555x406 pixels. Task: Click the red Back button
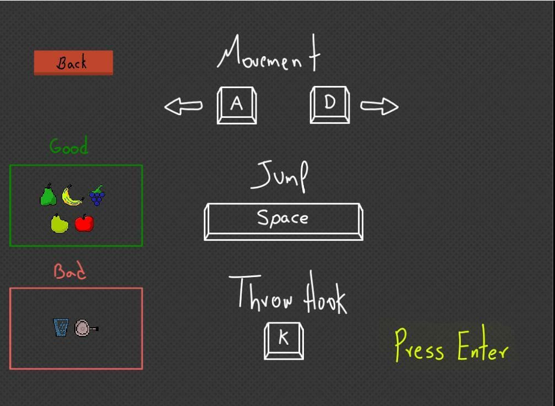[x=73, y=63]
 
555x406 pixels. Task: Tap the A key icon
[x=237, y=105]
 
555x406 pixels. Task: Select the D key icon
[x=330, y=105]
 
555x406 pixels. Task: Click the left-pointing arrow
[x=183, y=106]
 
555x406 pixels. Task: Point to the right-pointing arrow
[x=379, y=106]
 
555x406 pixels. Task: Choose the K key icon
[x=284, y=341]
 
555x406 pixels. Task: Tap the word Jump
[x=280, y=176]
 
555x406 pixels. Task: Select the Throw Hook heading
[x=288, y=293]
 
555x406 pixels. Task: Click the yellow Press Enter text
[x=451, y=345]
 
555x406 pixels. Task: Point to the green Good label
[x=69, y=145]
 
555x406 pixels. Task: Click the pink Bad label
[x=70, y=271]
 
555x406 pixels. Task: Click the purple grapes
[x=97, y=195]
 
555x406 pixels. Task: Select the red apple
[x=84, y=223]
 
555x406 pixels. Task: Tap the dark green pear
[x=48, y=194]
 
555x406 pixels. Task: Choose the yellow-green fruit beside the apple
[x=59, y=224]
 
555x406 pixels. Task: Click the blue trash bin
[x=61, y=327]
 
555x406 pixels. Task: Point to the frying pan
[x=86, y=328]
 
